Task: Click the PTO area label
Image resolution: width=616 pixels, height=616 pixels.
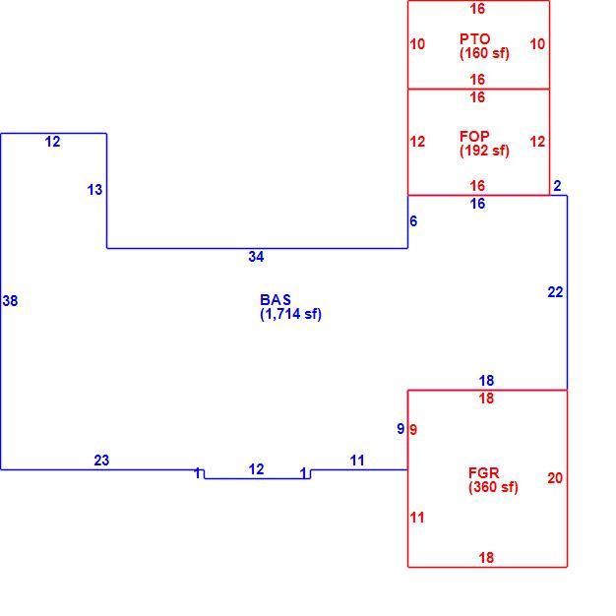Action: pyautogui.click(x=475, y=39)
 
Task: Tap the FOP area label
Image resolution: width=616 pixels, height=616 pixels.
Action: pyautogui.click(x=474, y=137)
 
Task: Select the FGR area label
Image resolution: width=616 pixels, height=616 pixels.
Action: pyautogui.click(x=483, y=472)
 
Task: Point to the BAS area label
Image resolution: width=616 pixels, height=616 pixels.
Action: pyautogui.click(x=276, y=300)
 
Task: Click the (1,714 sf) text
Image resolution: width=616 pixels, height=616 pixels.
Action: pyautogui.click(x=290, y=314)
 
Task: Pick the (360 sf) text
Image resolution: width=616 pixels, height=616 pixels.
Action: pyautogui.click(x=493, y=487)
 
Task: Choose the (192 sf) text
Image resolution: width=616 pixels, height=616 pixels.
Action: pyautogui.click(x=484, y=151)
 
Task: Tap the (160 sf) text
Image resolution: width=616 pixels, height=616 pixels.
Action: pyautogui.click(x=484, y=53)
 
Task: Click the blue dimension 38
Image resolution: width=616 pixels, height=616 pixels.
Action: pyautogui.click(x=10, y=301)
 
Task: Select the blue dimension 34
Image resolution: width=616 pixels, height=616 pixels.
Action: pyautogui.click(x=256, y=257)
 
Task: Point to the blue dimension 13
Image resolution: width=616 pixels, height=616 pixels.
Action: pyautogui.click(x=94, y=190)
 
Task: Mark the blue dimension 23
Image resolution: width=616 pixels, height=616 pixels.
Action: pyautogui.click(x=101, y=461)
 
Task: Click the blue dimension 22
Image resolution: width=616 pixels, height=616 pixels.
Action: pyautogui.click(x=556, y=292)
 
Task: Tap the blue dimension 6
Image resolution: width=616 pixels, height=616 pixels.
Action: pyautogui.click(x=413, y=221)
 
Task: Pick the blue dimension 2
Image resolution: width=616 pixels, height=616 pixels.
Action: pyautogui.click(x=557, y=186)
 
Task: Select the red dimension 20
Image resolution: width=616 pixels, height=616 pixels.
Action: pyautogui.click(x=555, y=478)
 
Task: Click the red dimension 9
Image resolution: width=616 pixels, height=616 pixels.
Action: pyautogui.click(x=413, y=430)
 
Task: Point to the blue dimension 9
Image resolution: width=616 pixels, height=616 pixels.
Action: pyautogui.click(x=400, y=429)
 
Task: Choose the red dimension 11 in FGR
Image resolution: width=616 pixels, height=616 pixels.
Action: pyautogui.click(x=417, y=518)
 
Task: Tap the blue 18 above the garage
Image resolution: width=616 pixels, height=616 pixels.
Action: pyautogui.click(x=486, y=380)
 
